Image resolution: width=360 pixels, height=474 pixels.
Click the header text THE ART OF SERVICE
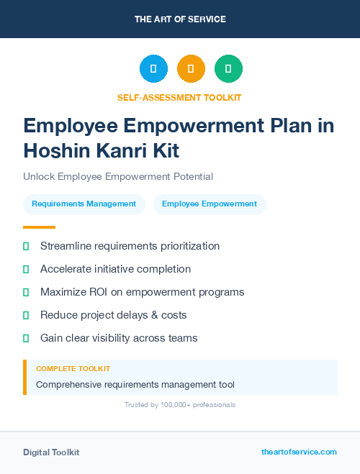point(180,19)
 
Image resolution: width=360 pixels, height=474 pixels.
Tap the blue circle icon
point(153,69)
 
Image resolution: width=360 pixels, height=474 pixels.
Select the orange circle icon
point(191,69)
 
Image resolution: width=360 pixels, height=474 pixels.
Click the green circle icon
point(228,69)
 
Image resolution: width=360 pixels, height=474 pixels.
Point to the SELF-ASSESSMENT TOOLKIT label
point(179,97)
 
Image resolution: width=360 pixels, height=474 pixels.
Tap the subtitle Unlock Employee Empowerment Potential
point(118,176)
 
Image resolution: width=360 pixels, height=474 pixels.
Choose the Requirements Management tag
point(84,204)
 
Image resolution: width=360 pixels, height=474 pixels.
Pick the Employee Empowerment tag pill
point(210,204)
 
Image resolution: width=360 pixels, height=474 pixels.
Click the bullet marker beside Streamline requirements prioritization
point(26,247)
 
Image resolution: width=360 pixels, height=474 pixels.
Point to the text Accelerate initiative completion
point(115,269)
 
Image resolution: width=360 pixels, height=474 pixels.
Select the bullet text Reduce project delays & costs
point(113,315)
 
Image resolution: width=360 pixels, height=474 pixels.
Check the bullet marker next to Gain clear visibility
point(26,338)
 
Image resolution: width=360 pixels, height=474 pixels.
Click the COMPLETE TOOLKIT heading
point(73,368)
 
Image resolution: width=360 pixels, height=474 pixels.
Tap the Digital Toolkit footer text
point(51,452)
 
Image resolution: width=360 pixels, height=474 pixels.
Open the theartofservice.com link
point(299,452)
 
